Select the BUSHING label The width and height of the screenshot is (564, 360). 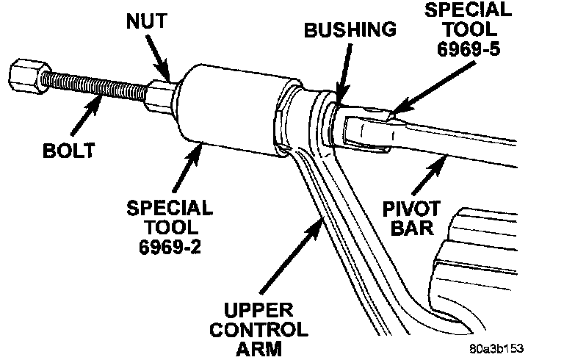pyautogui.click(x=350, y=31)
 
